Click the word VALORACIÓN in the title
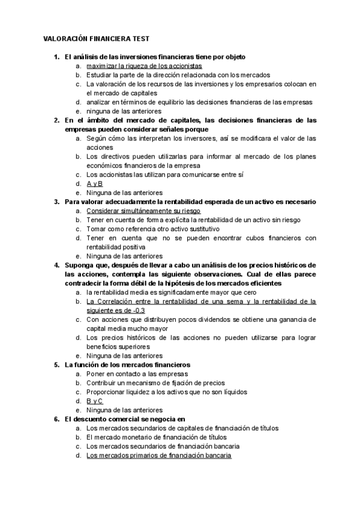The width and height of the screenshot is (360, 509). (x=65, y=37)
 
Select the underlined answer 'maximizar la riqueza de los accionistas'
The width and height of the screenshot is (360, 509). (x=144, y=65)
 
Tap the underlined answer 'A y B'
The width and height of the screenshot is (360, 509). (x=95, y=184)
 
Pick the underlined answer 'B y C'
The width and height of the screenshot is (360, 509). (x=95, y=401)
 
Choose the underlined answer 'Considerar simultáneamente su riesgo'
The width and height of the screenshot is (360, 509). (x=143, y=211)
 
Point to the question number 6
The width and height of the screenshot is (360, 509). (x=56, y=420)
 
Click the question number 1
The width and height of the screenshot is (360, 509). (x=56, y=56)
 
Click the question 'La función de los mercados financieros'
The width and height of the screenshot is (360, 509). (x=127, y=364)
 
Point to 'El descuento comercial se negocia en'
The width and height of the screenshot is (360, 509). (x=125, y=420)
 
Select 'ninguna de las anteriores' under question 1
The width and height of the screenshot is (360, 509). (x=124, y=111)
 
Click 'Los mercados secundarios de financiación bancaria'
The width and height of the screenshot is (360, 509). (x=163, y=447)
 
